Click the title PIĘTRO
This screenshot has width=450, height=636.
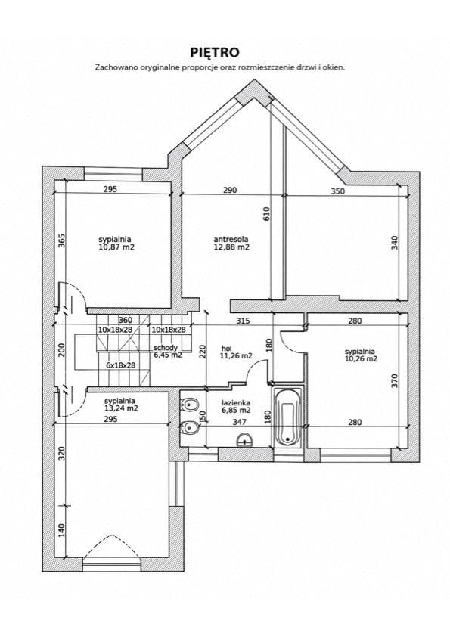(x=215, y=52)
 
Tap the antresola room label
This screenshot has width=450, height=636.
(x=231, y=240)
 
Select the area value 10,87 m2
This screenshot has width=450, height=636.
(x=116, y=247)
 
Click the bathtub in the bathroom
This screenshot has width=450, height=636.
(x=287, y=417)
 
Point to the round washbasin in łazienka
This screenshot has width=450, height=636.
(x=245, y=439)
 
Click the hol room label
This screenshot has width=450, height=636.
(x=226, y=349)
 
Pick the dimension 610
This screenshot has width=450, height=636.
(x=266, y=214)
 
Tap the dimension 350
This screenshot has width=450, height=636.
(x=337, y=191)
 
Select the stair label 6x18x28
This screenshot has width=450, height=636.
(x=120, y=365)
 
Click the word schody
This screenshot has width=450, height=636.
(x=166, y=348)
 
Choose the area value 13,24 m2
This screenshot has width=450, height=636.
(x=121, y=408)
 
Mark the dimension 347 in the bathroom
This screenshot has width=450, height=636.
(x=240, y=422)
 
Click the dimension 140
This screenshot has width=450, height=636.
(x=61, y=530)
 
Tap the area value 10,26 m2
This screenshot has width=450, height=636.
(x=361, y=359)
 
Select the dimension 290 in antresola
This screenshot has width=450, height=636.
(x=230, y=189)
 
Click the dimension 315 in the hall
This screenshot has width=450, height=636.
(x=243, y=321)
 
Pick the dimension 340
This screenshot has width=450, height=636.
(x=395, y=242)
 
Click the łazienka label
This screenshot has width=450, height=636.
(x=236, y=403)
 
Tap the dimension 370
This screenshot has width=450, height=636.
(x=395, y=381)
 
